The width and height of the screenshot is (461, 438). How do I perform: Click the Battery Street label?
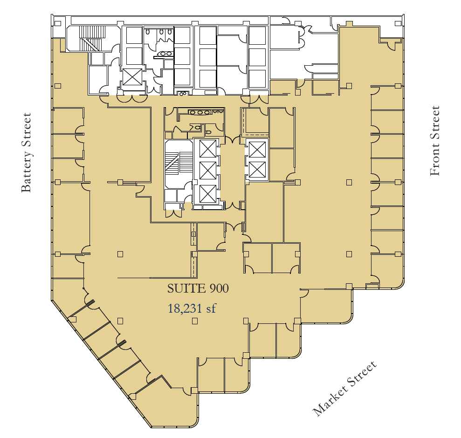click(x=26, y=152)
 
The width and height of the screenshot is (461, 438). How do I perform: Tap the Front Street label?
click(x=434, y=141)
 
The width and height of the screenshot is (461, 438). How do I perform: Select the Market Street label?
click(x=344, y=389)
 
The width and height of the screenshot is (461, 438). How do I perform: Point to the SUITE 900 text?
click(x=198, y=288)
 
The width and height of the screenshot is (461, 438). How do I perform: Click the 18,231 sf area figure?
click(x=192, y=308)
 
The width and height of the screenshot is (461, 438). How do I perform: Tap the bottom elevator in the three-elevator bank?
click(x=208, y=193)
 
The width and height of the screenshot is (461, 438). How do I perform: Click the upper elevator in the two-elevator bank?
click(x=257, y=149)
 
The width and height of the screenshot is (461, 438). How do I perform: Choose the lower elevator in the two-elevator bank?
click(x=257, y=170)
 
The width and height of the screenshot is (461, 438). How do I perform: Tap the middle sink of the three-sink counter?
click(x=200, y=112)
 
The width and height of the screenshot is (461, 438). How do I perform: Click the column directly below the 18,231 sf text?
click(x=194, y=321)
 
